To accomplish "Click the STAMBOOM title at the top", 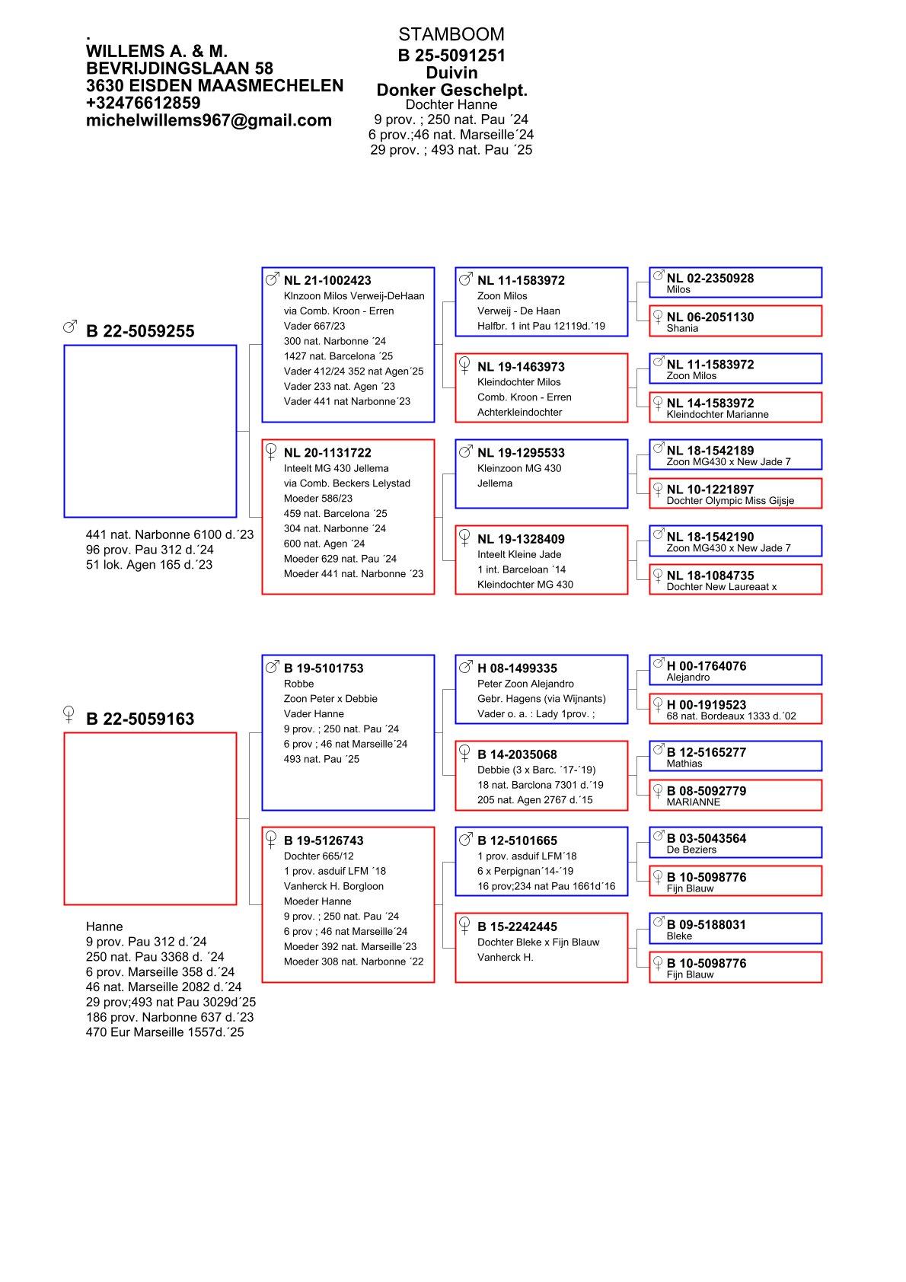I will click(x=451, y=34).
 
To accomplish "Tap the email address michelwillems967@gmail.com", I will click(x=209, y=120).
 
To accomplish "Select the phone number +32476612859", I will click(x=143, y=103).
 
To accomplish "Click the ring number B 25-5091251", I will click(x=451, y=56).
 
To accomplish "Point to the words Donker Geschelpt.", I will click(x=451, y=90).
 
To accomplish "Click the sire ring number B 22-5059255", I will click(x=140, y=331).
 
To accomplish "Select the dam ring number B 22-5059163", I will click(x=140, y=719).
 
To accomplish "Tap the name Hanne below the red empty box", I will click(x=104, y=926).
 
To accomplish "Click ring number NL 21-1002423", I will click(x=327, y=280).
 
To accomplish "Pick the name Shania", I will click(x=682, y=328).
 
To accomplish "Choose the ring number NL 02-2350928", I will click(x=710, y=278).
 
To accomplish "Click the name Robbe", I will click(x=298, y=684).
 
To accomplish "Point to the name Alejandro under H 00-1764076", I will click(x=687, y=677).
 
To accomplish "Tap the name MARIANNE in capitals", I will click(x=693, y=802).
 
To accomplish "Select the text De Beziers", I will click(x=691, y=850).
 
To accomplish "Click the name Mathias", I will click(x=684, y=763).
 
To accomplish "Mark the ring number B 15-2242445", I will click(x=517, y=926).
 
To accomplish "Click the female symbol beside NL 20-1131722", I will click(x=271, y=452).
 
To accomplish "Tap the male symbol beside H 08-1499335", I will click(x=465, y=668).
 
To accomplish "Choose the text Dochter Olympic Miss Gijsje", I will click(x=729, y=500).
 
